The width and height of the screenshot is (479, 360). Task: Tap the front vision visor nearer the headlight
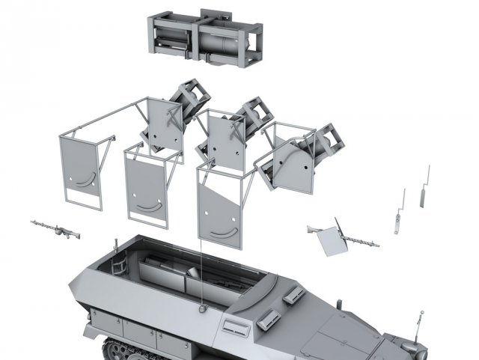[293, 296]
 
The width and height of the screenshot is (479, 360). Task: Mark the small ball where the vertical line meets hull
[201, 305]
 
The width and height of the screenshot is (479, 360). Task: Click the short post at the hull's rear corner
[116, 242]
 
